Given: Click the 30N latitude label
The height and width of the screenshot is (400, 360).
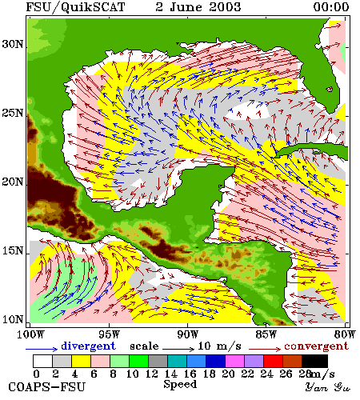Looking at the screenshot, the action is [12, 44].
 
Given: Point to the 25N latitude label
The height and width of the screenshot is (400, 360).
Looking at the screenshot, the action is [12, 113].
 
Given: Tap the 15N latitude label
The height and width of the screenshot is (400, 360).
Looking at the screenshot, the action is [12, 251].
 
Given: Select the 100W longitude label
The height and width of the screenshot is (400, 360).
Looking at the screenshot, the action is [30, 334].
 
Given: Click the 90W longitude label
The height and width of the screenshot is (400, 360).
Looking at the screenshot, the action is [188, 334].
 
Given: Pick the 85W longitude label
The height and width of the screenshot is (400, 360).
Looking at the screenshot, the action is [266, 334].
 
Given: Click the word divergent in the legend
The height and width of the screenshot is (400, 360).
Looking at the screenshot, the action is [88, 346].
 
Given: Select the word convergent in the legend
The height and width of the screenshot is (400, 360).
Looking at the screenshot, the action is [317, 346].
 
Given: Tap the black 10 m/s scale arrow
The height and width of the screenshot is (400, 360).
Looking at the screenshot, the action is [178, 349].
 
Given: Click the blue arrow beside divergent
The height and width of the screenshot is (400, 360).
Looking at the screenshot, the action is [42, 349].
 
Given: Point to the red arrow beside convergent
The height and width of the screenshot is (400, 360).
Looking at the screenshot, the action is [265, 349].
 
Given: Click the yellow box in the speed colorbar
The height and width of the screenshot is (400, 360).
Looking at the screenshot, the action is [81, 361].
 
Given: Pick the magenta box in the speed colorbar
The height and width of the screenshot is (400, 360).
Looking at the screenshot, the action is [235, 361].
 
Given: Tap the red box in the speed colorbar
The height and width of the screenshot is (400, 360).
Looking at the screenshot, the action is [274, 361].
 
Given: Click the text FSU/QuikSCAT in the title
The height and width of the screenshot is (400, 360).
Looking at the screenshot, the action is [75, 7].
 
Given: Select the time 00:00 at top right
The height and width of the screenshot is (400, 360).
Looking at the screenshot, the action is [331, 7].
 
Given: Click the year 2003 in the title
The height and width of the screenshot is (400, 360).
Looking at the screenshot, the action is [225, 7].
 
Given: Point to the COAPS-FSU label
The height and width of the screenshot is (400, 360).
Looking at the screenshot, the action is [46, 387].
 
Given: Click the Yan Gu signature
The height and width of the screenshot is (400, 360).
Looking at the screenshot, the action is [328, 387].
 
